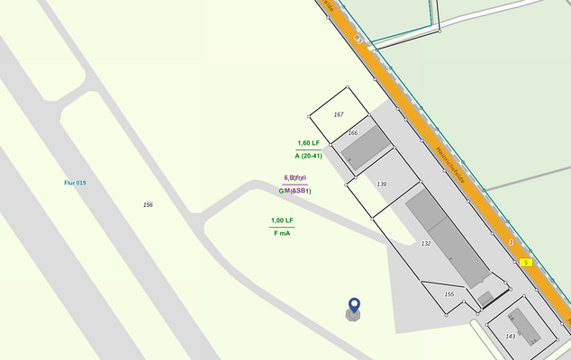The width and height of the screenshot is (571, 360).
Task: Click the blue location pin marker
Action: click(x=354, y=306)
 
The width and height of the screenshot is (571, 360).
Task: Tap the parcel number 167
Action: click(x=339, y=114)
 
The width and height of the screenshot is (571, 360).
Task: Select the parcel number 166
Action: click(x=353, y=133)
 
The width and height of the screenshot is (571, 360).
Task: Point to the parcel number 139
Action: click(x=382, y=184)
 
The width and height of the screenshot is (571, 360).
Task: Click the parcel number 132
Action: click(x=426, y=243)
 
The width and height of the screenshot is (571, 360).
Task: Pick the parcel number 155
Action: click(x=449, y=294)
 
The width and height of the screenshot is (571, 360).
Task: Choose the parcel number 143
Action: click(x=510, y=337)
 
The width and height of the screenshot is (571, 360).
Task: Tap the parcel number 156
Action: click(x=148, y=205)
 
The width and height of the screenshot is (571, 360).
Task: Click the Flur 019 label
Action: click(x=75, y=183)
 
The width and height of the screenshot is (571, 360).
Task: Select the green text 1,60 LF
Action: click(x=308, y=143)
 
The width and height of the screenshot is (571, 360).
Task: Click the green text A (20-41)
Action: click(x=308, y=156)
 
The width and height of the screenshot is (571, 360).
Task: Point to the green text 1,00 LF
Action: click(x=282, y=220)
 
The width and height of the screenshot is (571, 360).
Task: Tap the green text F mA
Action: click(x=282, y=233)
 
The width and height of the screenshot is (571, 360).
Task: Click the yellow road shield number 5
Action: click(x=526, y=262)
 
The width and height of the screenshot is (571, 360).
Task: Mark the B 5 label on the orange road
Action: click(x=358, y=39)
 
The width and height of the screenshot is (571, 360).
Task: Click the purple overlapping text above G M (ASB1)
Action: click(x=295, y=178)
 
